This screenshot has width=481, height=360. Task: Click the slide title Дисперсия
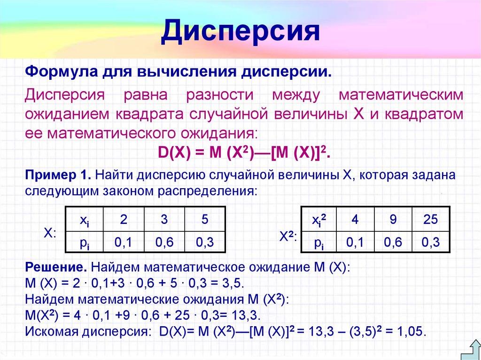pos(240,32)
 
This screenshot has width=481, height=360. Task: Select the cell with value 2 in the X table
pos(124,219)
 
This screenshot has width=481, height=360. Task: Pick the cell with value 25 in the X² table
pos(430,219)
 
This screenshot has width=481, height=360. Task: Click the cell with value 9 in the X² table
pos(393,219)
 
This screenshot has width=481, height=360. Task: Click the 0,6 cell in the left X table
pos(164,242)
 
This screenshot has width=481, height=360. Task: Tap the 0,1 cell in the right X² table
pos(355,242)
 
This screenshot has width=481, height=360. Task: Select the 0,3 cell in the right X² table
pos(430,242)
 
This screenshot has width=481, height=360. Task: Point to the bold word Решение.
pos(56,268)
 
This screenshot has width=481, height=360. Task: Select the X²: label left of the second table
pos(288,237)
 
